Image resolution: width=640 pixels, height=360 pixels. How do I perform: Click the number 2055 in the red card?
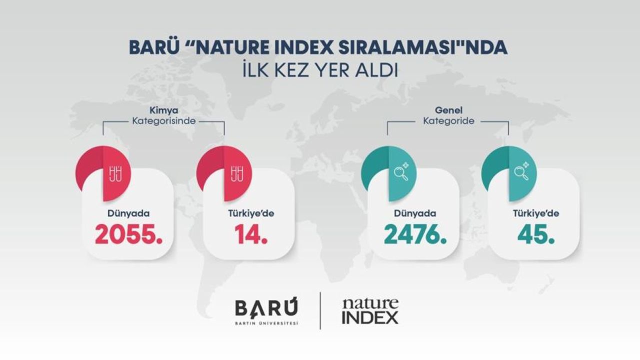coord(129,234)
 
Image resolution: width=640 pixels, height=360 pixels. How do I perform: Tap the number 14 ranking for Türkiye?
coord(251,234)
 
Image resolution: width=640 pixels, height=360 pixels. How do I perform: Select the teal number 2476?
coord(415,234)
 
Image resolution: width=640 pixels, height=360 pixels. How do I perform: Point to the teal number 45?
coord(536,234)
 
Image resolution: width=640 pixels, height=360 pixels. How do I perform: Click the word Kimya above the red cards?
coord(164,110)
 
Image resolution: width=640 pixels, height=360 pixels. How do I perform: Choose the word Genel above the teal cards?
coord(448,110)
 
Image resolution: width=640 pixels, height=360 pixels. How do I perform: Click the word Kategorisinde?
coord(163,121)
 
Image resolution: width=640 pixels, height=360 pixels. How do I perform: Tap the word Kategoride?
coord(448,121)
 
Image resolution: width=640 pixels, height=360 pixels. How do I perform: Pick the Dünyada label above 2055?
coord(128,213)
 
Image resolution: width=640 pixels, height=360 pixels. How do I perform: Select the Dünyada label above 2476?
coord(415,213)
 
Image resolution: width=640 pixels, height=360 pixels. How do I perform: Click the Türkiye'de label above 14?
coord(251,213)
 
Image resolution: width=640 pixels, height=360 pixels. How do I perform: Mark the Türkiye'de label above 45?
coord(536,213)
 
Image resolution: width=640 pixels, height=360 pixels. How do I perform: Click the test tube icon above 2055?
coord(115,174)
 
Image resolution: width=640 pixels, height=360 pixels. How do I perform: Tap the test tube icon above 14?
coord(237,174)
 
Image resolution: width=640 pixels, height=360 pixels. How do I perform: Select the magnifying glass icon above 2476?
coord(401,171)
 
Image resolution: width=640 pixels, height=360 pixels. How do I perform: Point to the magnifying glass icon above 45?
coord(521,171)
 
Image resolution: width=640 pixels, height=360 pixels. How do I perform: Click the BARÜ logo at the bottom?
coord(266,311)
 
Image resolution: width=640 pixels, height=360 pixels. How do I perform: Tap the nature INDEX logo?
coord(370,311)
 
